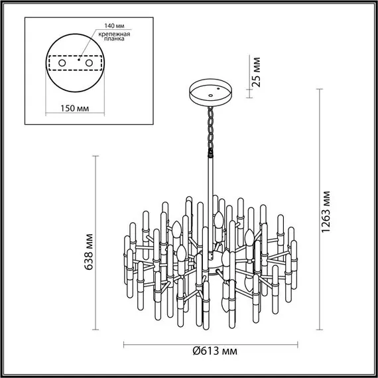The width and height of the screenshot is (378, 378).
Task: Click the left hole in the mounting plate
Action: [62, 62]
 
